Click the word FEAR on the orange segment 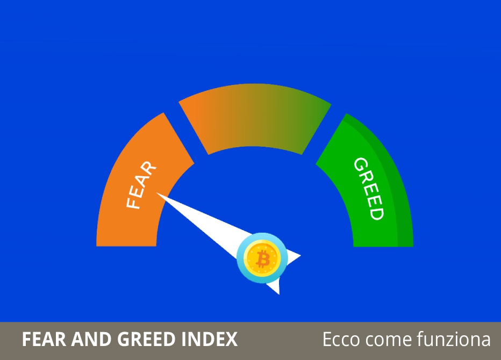pyautogui.click(x=141, y=185)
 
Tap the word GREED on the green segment pyautogui.click(x=369, y=189)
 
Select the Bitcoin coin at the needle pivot pyautogui.click(x=262, y=258)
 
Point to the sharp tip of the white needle pyautogui.click(x=156, y=192)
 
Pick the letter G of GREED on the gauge pyautogui.click(x=361, y=164)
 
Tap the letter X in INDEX pyautogui.click(x=231, y=339)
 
